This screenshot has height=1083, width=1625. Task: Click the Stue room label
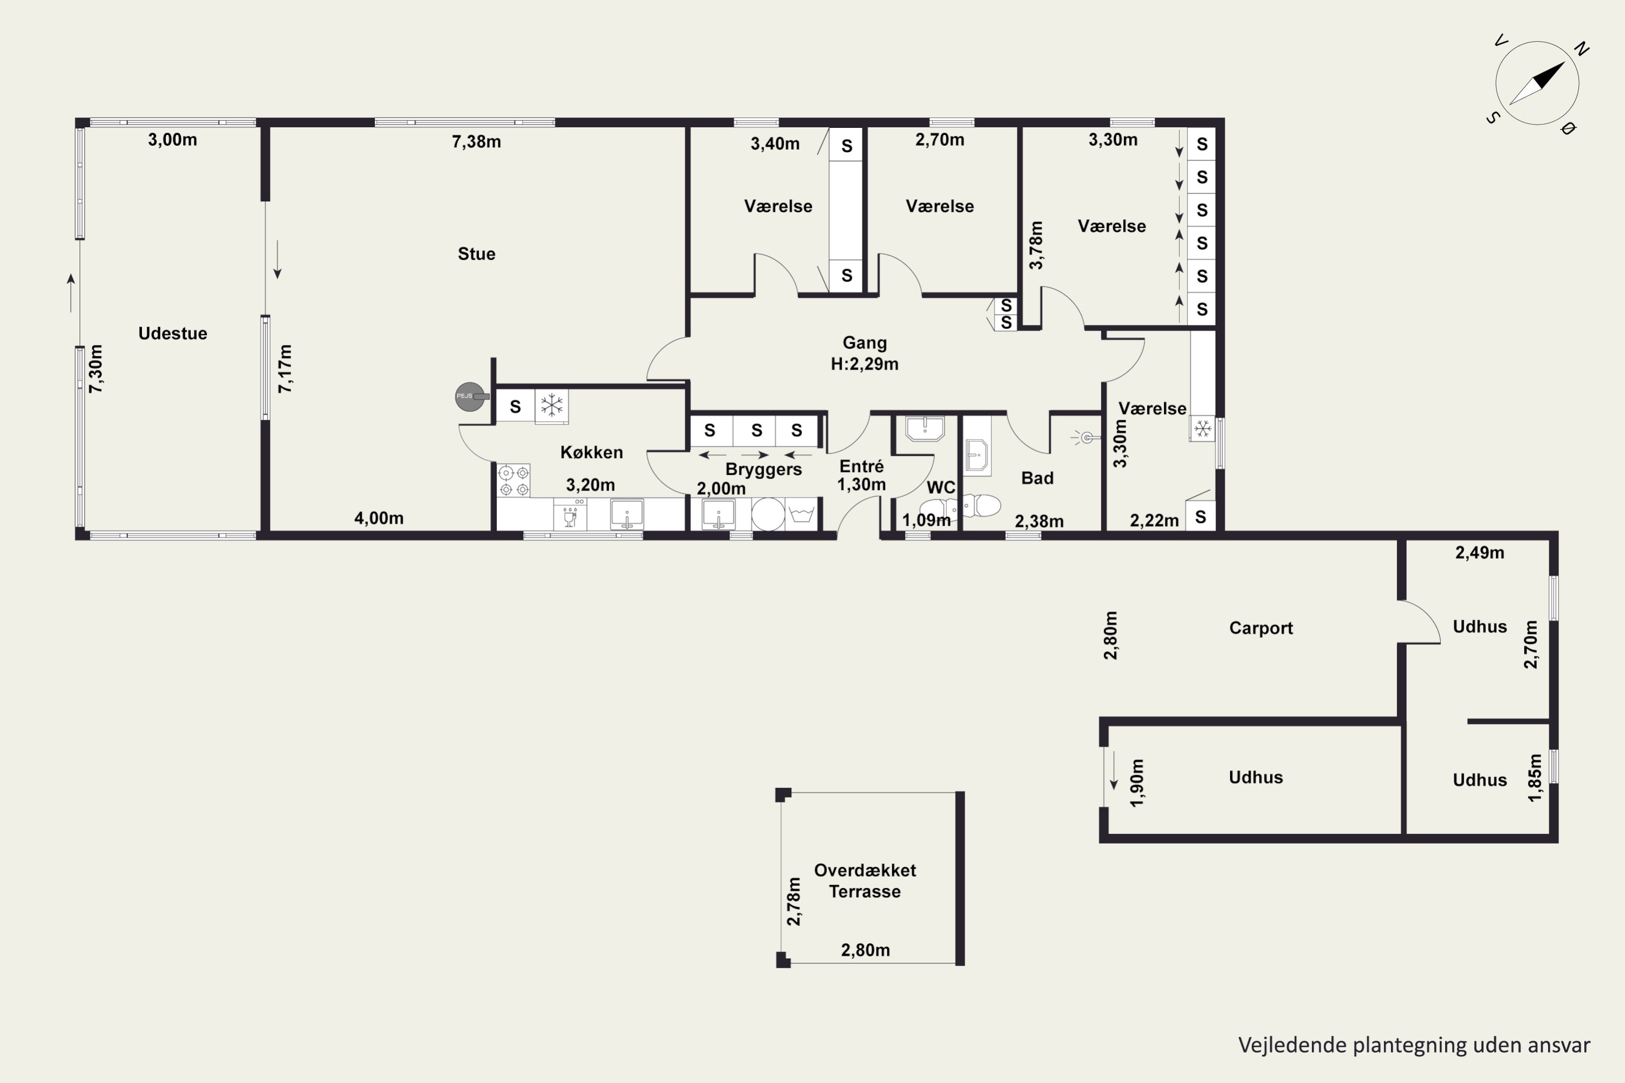(x=476, y=254)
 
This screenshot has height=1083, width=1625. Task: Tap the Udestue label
(x=173, y=334)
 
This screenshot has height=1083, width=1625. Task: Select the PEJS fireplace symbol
(x=471, y=396)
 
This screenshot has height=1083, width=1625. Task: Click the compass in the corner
(x=1537, y=83)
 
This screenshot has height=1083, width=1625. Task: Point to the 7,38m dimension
(x=476, y=141)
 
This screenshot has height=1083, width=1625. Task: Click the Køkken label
(x=591, y=452)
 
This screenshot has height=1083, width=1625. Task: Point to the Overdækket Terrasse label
(x=865, y=880)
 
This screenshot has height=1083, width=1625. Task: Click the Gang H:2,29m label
(x=864, y=353)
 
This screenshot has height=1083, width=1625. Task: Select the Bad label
(x=1037, y=478)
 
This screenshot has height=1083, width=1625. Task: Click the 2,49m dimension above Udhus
(x=1480, y=552)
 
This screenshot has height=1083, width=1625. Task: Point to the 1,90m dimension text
(x=1136, y=782)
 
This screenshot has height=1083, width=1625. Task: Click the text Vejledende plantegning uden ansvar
(x=1414, y=1045)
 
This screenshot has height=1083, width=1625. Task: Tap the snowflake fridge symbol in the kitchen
(x=552, y=406)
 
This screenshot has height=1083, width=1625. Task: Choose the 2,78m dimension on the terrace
(x=794, y=902)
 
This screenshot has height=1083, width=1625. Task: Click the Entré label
(x=862, y=466)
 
